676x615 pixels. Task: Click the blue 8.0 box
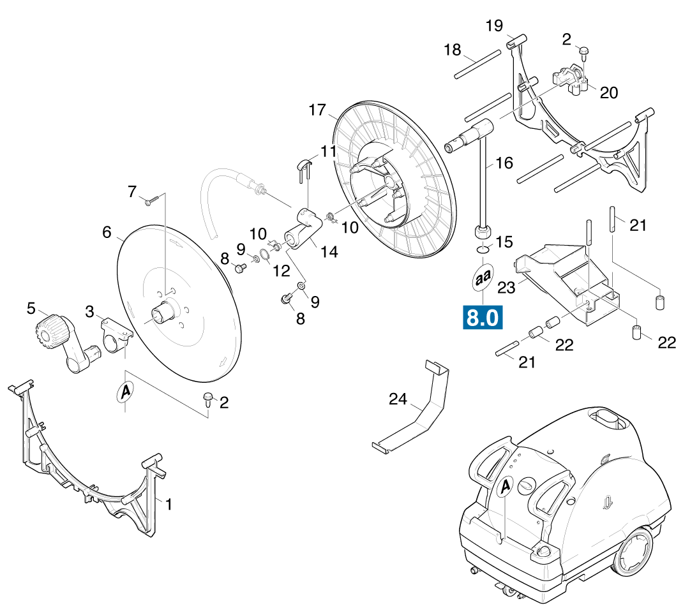click(x=483, y=318)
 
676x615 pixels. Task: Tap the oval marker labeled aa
click(x=483, y=278)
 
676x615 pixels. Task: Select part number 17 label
click(x=317, y=110)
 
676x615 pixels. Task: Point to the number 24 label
click(x=398, y=399)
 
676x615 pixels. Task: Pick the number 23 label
click(x=507, y=288)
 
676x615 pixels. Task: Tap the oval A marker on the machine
click(x=505, y=487)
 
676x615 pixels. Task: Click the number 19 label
click(x=494, y=26)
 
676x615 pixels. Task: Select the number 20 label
click(x=609, y=93)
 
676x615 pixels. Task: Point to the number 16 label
click(x=504, y=163)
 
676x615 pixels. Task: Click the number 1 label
click(x=169, y=504)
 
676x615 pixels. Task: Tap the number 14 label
click(x=329, y=252)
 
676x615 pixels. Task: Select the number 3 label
click(x=89, y=311)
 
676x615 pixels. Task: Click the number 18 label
click(x=452, y=50)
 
